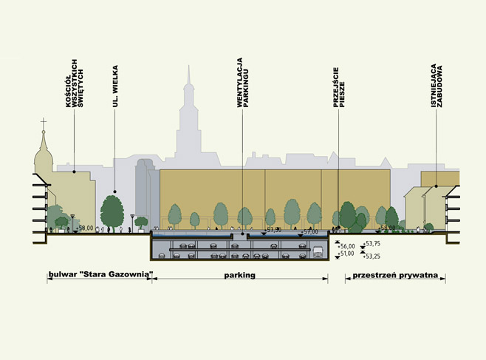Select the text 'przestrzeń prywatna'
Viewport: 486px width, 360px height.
395,276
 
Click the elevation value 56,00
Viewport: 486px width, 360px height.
346,246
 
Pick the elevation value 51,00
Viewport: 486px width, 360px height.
346,254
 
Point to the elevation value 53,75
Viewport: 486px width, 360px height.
372,243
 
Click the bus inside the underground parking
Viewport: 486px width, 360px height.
318,251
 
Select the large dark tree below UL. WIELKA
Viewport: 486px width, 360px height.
112,209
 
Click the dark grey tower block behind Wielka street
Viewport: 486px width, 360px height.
143,189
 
